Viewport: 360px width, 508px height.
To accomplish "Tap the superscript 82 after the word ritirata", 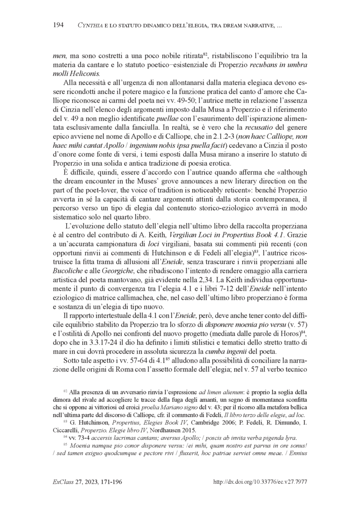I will click(x=203, y=54).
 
